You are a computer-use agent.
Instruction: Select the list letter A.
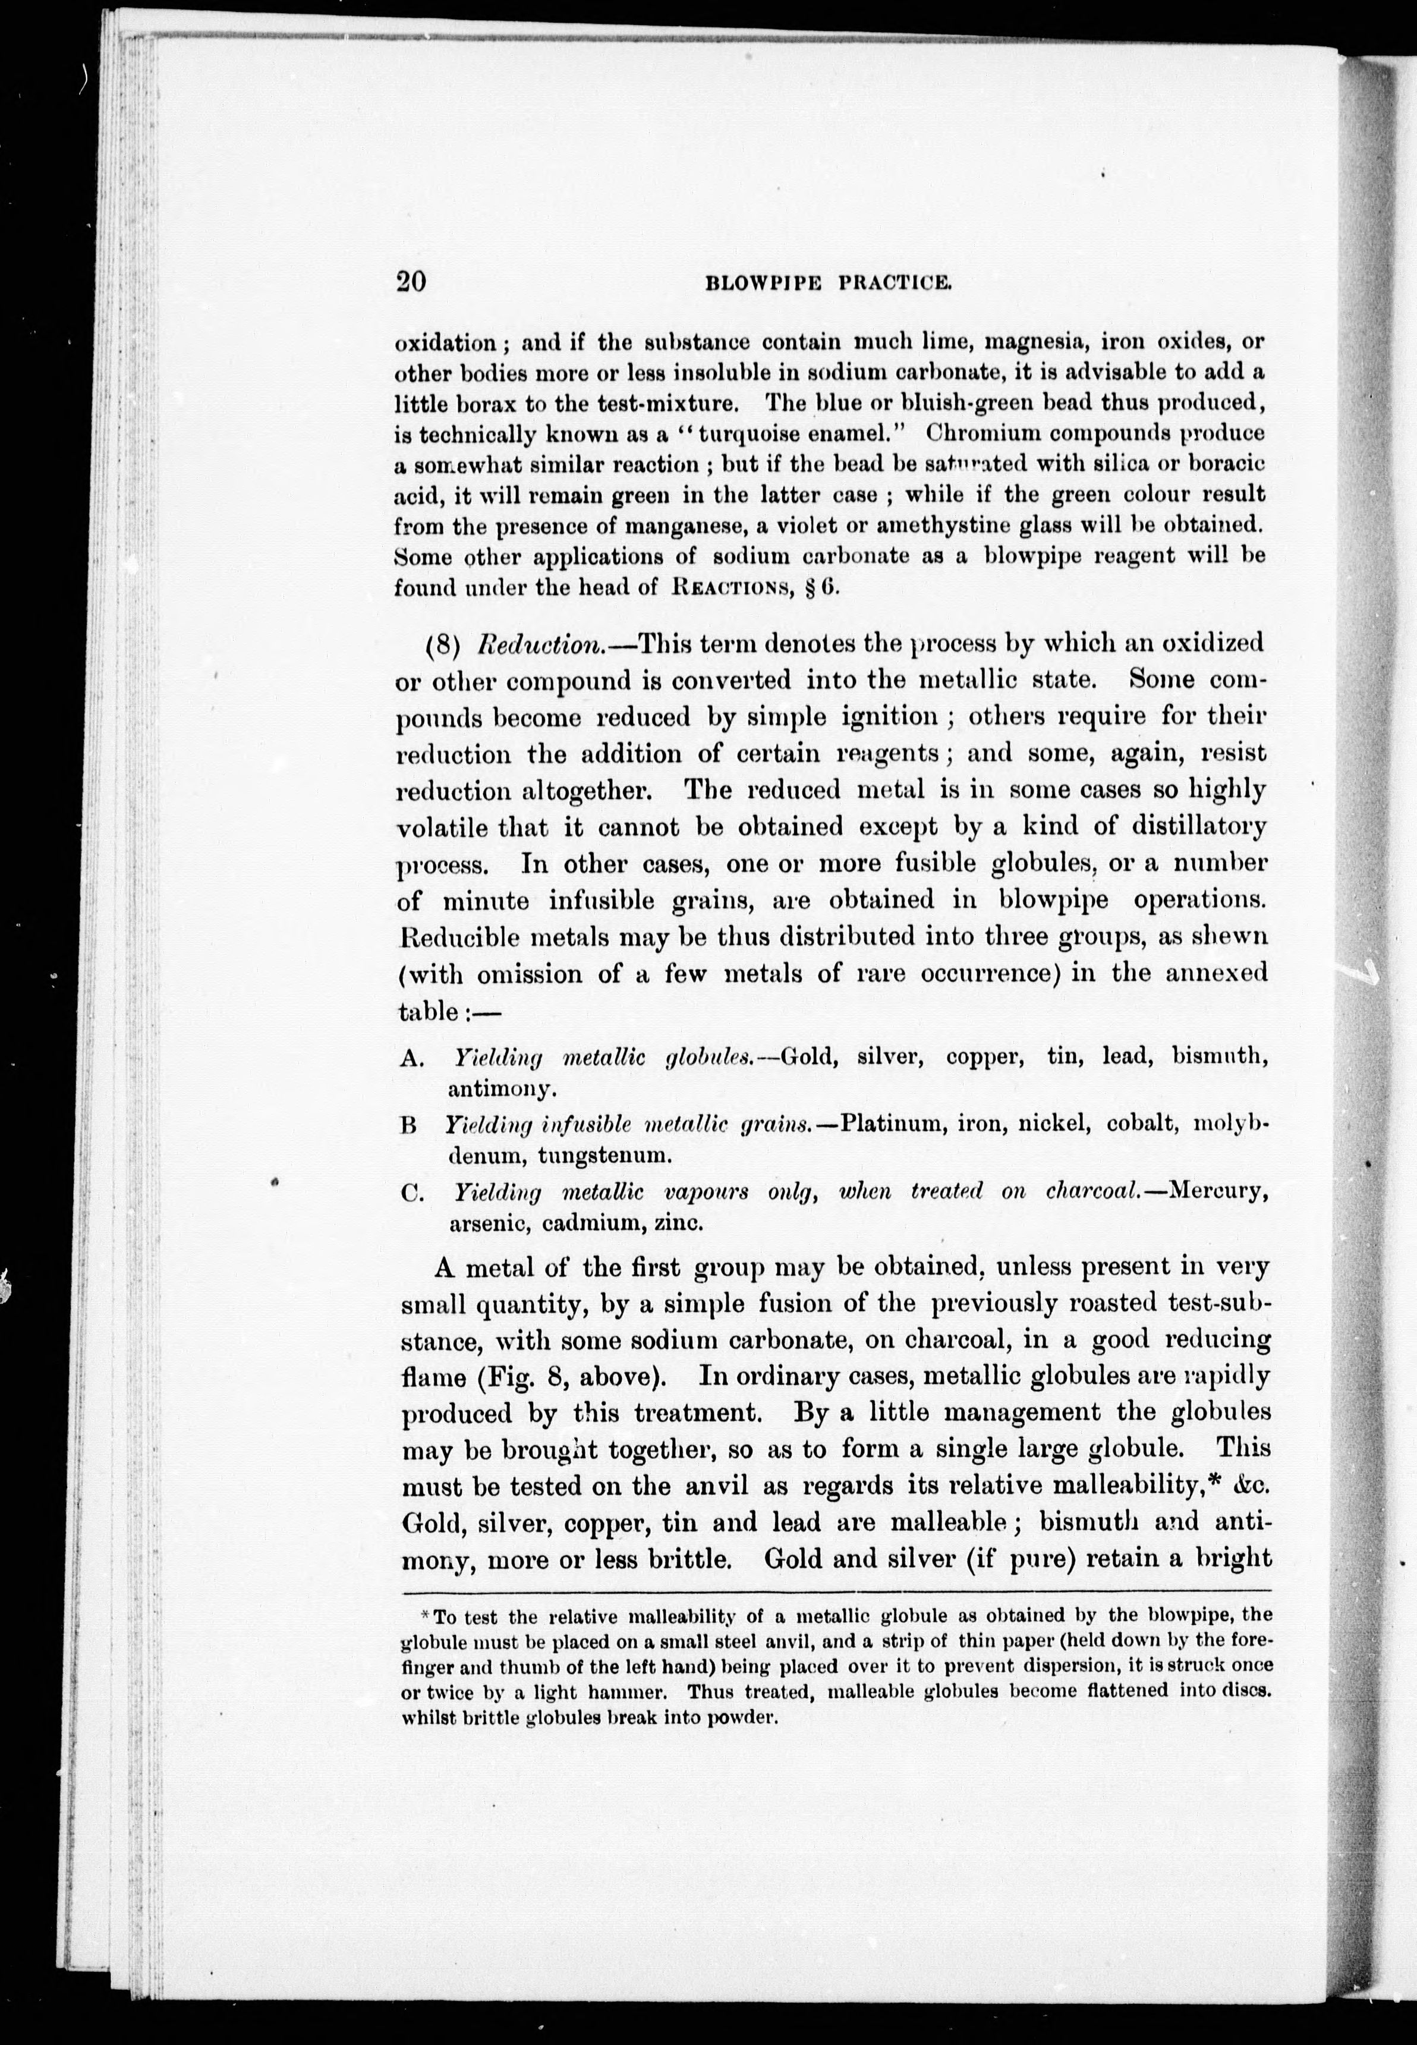(410, 1058)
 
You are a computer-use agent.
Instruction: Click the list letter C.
(410, 1193)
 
